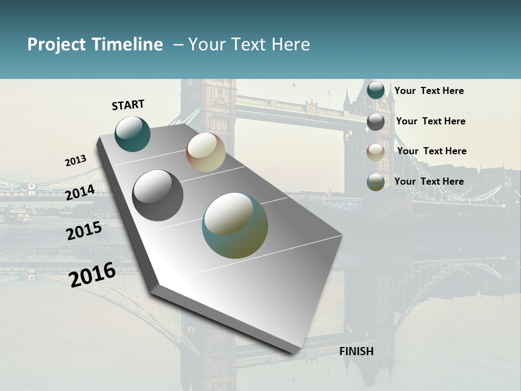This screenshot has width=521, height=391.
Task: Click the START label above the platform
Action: click(x=128, y=105)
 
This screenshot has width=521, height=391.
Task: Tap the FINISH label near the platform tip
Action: click(x=357, y=351)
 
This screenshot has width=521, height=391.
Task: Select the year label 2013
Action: click(x=75, y=161)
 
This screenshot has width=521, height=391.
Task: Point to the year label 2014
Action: click(x=80, y=192)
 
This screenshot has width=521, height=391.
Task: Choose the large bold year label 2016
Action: click(x=92, y=275)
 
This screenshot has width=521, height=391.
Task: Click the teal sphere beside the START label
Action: click(x=132, y=134)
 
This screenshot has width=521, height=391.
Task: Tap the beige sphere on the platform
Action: click(x=206, y=152)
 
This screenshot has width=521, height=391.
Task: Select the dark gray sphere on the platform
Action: click(x=157, y=195)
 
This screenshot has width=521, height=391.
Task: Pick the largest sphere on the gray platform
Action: click(x=235, y=225)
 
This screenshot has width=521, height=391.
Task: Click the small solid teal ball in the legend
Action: click(x=376, y=91)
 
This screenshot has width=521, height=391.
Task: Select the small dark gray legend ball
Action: click(x=376, y=122)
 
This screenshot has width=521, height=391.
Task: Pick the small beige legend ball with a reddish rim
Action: click(x=376, y=152)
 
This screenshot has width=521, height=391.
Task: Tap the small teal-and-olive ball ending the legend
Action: click(x=376, y=182)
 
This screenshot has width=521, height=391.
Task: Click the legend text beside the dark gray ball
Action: click(x=431, y=121)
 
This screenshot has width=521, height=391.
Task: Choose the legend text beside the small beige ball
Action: click(x=431, y=151)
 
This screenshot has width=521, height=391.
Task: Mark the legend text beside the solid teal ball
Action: click(x=429, y=91)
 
